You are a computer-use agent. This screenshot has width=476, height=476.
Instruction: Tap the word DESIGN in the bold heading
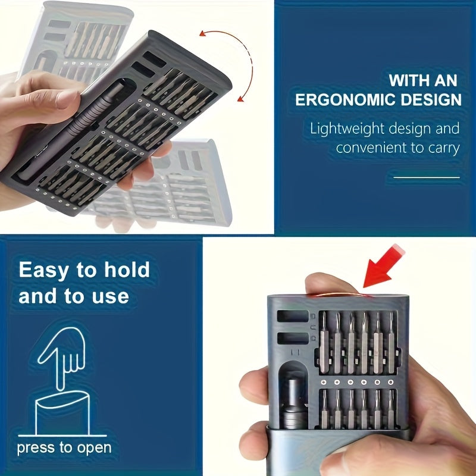pos(431,99)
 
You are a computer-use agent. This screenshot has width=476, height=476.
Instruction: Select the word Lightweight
pos(347,129)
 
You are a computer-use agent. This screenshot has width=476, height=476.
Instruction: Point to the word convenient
pos(371,148)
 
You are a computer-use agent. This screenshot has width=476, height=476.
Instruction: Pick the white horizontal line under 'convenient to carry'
pos(427,177)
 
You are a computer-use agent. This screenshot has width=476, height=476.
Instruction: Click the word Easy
pos(43,271)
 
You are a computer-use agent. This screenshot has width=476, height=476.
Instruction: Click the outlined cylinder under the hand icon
pos(63,413)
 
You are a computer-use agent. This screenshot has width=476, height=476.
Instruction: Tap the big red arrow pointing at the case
pos(383,266)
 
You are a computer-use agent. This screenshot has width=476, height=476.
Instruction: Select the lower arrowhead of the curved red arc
pos(241,98)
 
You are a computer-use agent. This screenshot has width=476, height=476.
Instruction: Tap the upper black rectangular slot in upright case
pos(293,316)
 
